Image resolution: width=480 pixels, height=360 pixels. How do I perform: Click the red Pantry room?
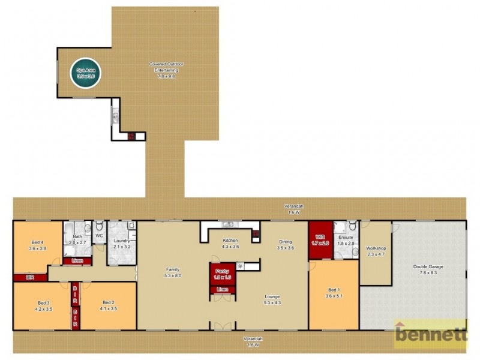(221, 274)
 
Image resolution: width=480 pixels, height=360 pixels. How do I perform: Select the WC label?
(100, 236)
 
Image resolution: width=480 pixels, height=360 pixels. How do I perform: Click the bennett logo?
(431, 334)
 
